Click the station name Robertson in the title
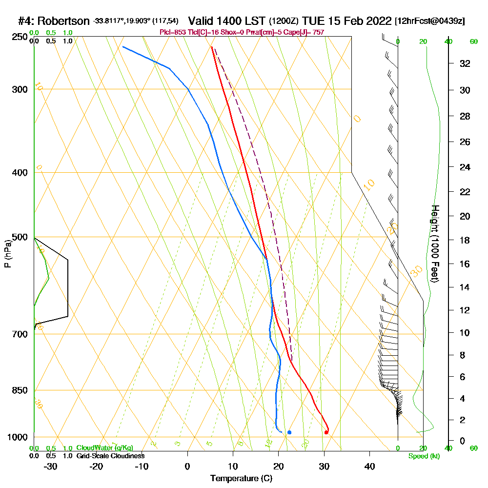63,21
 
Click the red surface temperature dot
326,432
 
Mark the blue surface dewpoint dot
289,432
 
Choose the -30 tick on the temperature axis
50,466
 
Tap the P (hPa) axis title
8,254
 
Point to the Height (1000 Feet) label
434,244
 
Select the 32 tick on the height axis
465,63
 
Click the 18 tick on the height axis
465,240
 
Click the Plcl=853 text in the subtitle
173,32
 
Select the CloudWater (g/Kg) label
104,448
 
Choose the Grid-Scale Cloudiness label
110,456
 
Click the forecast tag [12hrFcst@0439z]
430,21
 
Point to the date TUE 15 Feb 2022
347,21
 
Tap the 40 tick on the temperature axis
369,466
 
